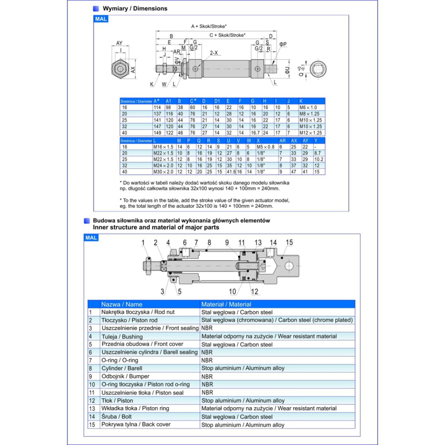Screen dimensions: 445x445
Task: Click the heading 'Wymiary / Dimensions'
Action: [135, 8]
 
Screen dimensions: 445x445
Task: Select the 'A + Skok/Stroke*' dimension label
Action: [209, 27]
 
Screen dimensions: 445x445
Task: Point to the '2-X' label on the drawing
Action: [214, 53]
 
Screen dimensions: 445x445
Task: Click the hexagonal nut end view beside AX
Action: [119, 69]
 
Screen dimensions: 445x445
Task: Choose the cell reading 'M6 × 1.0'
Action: [308, 107]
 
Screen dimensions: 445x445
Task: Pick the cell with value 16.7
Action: [255, 133]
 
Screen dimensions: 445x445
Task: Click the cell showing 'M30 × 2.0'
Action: [163, 172]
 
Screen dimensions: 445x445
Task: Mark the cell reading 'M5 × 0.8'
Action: [265, 147]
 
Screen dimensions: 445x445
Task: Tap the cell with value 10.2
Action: [319, 159]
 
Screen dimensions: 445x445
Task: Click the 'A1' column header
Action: [169, 101]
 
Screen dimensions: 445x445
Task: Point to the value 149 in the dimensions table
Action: [158, 133]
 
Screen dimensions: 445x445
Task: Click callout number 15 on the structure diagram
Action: [289, 243]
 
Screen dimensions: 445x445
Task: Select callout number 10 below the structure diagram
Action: [232, 291]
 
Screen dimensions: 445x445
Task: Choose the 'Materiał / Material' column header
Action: [226, 304]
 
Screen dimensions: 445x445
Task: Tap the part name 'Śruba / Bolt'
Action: [117, 417]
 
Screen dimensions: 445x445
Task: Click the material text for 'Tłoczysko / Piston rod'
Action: [277, 320]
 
